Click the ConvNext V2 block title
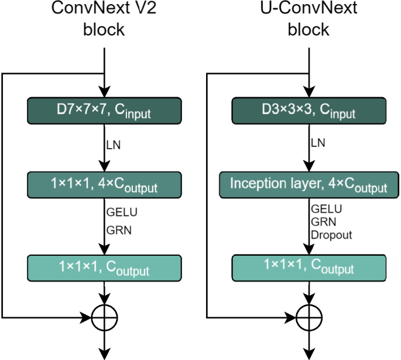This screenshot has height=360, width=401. point(104,19)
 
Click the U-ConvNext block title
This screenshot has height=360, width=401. point(309,19)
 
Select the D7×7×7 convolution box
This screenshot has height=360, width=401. point(104,111)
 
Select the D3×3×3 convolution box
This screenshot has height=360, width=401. point(309,111)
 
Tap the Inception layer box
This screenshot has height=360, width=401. point(309,184)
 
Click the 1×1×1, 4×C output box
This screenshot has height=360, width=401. point(104,184)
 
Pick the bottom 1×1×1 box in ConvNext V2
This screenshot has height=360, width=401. point(104,268)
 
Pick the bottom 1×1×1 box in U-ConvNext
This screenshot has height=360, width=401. point(309,268)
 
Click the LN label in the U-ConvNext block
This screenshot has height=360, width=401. point(318,143)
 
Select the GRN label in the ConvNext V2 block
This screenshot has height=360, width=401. point(118,230)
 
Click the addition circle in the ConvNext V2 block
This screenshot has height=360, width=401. point(104,318)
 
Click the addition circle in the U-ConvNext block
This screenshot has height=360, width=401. point(309,318)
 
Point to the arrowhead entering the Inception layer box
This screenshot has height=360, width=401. point(309,167)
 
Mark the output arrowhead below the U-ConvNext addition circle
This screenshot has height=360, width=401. point(309,354)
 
